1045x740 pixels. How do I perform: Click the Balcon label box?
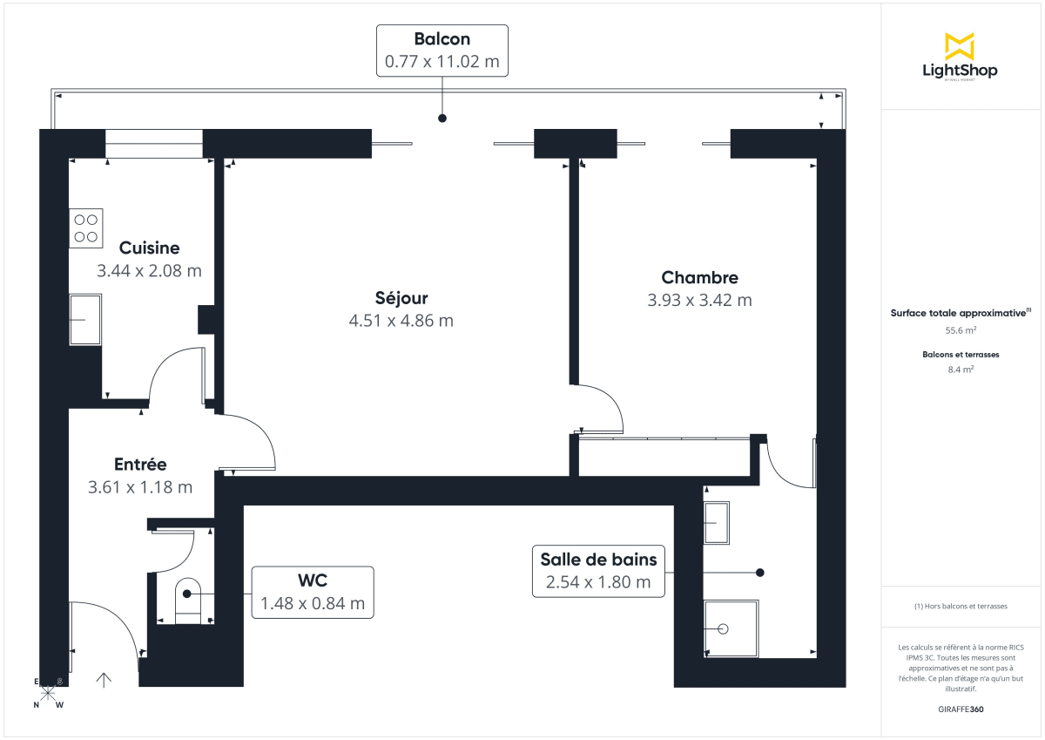pyautogui.click(x=442, y=51)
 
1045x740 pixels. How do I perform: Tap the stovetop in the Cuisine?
pyautogui.click(x=85, y=228)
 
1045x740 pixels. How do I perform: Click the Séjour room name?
pyautogui.click(x=401, y=298)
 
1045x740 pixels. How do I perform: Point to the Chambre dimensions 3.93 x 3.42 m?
pyautogui.click(x=699, y=300)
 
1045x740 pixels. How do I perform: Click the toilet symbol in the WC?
pyautogui.click(x=188, y=600)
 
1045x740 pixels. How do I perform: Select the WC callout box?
pyautogui.click(x=313, y=592)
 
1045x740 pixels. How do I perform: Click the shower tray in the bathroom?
pyautogui.click(x=731, y=628)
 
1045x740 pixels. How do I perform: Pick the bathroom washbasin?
pyautogui.click(x=720, y=523)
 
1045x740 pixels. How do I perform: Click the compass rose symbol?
pyautogui.click(x=47, y=693)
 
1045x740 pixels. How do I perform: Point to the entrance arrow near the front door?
pyautogui.click(x=104, y=679)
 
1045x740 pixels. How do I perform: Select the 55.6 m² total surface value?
pyautogui.click(x=960, y=330)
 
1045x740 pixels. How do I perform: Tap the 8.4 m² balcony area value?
pyautogui.click(x=960, y=369)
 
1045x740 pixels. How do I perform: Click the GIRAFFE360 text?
pyautogui.click(x=960, y=709)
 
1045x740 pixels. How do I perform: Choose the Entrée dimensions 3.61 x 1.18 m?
pyautogui.click(x=140, y=487)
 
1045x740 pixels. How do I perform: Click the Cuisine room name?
pyautogui.click(x=149, y=248)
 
